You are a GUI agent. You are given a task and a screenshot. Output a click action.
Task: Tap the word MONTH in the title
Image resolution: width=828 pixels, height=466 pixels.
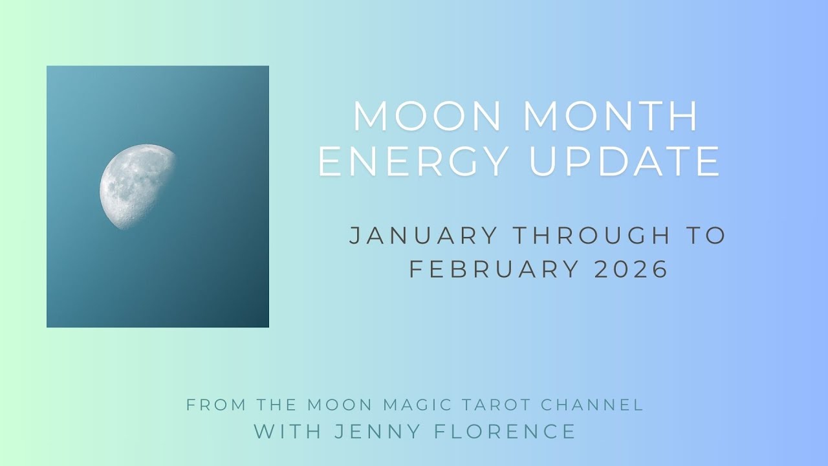tap(611, 117)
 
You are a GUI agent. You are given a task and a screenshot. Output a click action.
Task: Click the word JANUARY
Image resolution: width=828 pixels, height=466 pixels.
tap(424, 236)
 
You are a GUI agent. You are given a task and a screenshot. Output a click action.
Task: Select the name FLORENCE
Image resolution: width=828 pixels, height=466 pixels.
tap(505, 431)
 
